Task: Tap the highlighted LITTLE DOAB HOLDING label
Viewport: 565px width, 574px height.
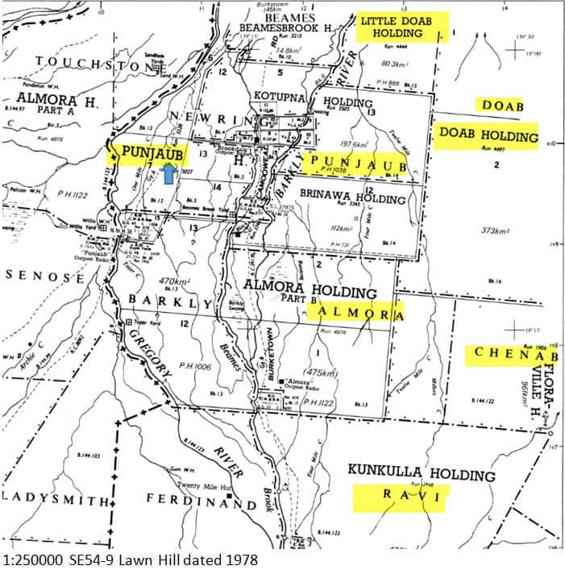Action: click(x=402, y=27)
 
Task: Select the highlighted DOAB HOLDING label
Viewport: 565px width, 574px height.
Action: click(x=486, y=136)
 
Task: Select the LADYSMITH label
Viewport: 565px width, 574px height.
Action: click(x=55, y=501)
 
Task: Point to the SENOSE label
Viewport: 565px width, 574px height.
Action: click(x=46, y=277)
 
